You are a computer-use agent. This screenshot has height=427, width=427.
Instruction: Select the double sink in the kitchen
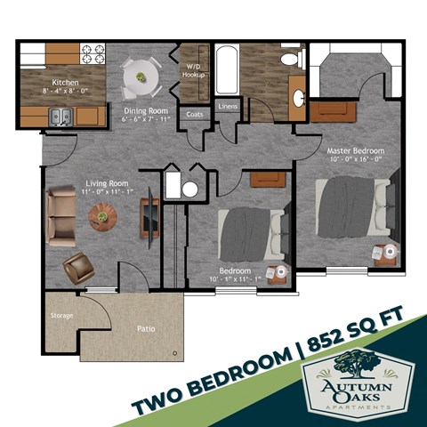tap(60, 116)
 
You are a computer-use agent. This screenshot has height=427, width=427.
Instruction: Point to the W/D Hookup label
tap(195, 71)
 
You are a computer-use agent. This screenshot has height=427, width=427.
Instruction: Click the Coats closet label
tap(194, 114)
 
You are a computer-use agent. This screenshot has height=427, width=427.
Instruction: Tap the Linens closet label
tap(227, 109)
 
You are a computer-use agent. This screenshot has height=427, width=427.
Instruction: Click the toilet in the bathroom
tap(290, 60)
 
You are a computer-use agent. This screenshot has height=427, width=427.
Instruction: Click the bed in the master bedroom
tap(351, 207)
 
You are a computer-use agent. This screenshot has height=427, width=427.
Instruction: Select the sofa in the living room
tap(61, 216)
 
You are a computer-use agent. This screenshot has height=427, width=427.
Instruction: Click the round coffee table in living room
tap(103, 215)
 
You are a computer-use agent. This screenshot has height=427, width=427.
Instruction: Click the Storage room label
tap(61, 315)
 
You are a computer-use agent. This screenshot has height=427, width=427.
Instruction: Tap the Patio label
tap(147, 328)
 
